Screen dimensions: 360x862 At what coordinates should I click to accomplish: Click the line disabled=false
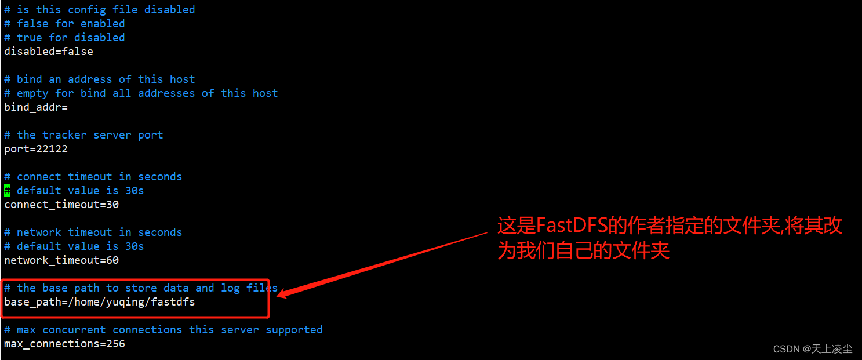coord(49,52)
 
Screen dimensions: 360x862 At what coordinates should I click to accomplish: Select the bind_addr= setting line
coord(36,107)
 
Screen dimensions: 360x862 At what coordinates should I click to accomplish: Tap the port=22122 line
coord(36,149)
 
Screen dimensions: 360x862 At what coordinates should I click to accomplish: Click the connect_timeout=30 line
coord(61,205)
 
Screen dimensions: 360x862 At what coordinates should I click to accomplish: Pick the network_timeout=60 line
coord(61,260)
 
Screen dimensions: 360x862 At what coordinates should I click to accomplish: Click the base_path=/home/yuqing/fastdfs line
coord(100,302)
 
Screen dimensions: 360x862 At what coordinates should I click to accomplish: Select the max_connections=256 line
coord(64,344)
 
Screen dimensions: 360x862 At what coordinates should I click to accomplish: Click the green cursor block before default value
coord(7,191)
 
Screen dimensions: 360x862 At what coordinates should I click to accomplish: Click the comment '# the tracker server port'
coord(83,135)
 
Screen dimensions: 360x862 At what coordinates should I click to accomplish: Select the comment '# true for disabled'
coord(64,38)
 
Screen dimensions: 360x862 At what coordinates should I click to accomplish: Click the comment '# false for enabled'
coord(64,24)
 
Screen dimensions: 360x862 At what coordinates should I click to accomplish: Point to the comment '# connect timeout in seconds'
coord(93,177)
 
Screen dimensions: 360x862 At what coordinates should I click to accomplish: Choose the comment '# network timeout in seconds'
coord(93,232)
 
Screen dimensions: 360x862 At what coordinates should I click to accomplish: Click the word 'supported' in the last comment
coord(294,330)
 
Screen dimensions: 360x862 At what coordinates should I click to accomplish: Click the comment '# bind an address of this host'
coord(100,79)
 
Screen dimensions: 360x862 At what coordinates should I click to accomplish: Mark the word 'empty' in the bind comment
coord(32,93)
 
